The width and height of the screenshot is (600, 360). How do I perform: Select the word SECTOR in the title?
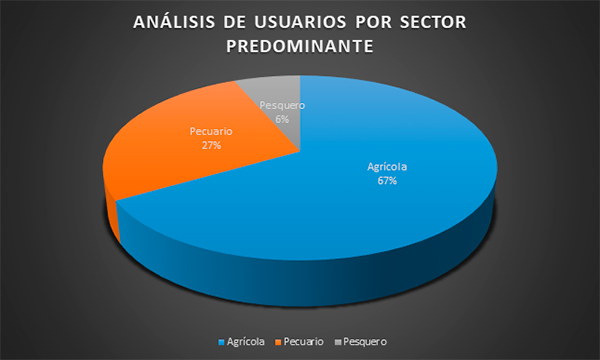pos(433,22)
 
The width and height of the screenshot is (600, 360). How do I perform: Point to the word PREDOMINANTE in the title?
pos(300,46)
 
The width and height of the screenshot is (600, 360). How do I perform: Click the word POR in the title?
pos(373,22)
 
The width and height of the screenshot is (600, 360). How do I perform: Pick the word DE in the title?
pos(235,22)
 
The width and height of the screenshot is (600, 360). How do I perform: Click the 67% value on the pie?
pos(387,181)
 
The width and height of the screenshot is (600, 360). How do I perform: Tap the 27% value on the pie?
pos(211,145)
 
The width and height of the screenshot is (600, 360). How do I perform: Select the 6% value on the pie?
pos(282,119)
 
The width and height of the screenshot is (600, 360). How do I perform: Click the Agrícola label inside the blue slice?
pos(387,167)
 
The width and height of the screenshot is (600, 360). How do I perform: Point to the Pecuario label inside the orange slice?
pos(211,131)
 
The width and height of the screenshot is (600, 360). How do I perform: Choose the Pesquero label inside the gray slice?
pos(282,105)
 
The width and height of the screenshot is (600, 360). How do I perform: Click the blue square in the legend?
pos(221,342)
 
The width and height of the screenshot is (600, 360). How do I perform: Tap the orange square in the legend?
pos(278,342)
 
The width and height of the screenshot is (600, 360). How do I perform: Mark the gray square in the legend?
pos(338,342)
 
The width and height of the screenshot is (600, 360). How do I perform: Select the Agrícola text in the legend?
pos(245,342)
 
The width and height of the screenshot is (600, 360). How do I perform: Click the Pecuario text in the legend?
pos(303,342)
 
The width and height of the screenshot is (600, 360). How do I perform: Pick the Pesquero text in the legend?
pos(365,342)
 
